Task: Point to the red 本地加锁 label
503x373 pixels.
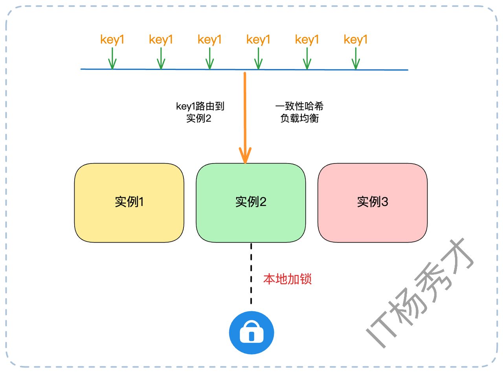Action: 287,279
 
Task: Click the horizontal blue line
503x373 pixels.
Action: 177,69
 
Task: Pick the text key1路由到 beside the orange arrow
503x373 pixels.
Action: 200,107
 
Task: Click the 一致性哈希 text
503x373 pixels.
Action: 299,107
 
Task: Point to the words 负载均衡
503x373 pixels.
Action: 299,119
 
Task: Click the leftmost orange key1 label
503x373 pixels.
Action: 112,40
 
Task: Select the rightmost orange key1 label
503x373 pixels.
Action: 356,40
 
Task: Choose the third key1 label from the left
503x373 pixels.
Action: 209,40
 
